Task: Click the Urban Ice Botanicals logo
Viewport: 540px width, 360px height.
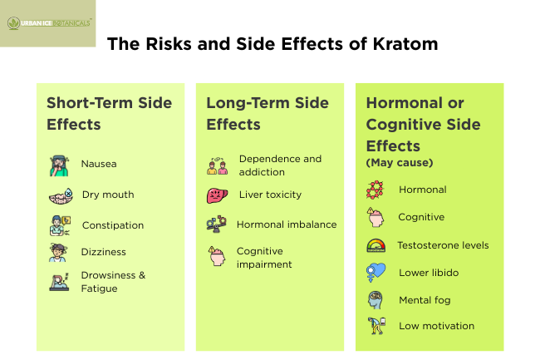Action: pos(48,22)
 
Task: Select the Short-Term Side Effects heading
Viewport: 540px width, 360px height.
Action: pos(109,114)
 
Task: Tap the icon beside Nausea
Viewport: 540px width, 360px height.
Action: pos(58,165)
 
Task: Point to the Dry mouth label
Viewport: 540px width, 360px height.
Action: pos(108,195)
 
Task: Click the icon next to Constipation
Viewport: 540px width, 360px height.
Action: pos(58,225)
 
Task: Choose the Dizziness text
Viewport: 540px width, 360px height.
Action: pos(104,252)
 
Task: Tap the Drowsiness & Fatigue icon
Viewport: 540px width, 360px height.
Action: pos(58,282)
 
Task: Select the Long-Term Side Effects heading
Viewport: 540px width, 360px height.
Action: pos(268,114)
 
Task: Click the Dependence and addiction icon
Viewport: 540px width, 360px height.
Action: pos(217,165)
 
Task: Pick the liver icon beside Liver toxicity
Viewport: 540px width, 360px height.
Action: pos(217,195)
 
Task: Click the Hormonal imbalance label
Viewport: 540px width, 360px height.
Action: pos(287,224)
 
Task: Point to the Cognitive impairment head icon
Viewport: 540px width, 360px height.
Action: pos(217,257)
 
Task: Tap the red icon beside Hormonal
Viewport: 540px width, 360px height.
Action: pos(376,190)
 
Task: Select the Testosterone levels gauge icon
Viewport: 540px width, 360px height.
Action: pos(376,245)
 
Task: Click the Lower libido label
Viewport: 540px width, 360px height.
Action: pos(429,273)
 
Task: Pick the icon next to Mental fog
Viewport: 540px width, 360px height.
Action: pos(376,300)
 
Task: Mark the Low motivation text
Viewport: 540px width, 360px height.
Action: pos(436,326)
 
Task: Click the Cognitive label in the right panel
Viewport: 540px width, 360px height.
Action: pos(421,217)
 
